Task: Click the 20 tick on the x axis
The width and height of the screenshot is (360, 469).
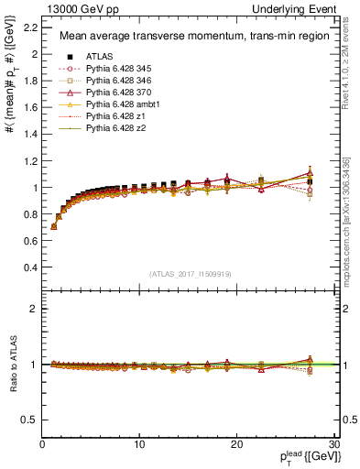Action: point(235,444)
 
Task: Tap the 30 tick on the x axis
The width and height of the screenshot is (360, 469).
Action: point(333,444)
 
